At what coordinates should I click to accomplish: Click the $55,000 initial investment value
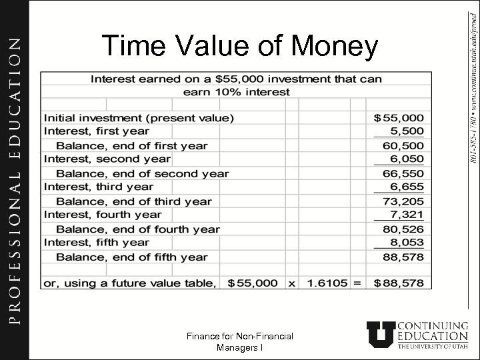pos(403,118)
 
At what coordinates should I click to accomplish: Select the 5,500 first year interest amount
pos(409,132)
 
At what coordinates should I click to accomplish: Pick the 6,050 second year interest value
pos(409,160)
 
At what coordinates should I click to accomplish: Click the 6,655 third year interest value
pos(409,187)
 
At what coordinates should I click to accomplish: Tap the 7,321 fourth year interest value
pos(409,215)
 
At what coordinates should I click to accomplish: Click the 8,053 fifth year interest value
pos(409,243)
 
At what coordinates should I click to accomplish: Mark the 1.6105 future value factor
pos(327,283)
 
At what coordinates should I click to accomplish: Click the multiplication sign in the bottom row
pos(291,283)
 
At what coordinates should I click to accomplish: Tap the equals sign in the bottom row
pos(357,283)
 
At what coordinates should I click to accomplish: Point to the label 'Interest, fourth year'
pos(103,215)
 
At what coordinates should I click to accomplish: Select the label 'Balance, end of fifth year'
pos(131,257)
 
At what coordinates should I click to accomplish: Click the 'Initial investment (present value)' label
pos(139,118)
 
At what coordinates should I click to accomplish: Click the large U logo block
pos(382,335)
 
